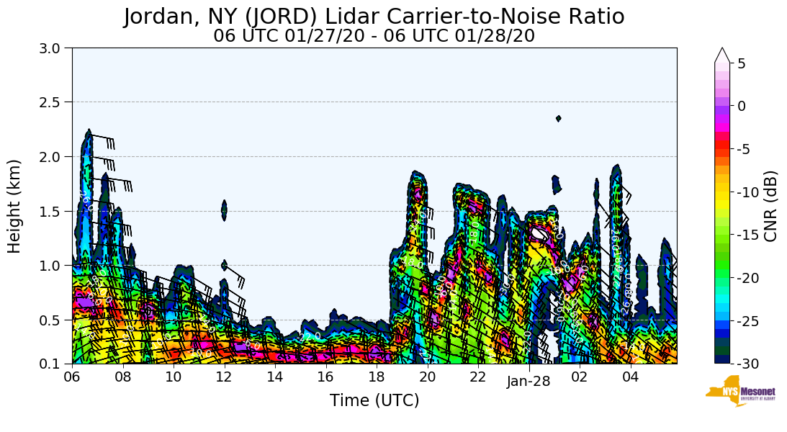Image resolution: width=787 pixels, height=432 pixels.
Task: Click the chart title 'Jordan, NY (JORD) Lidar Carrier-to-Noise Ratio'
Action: (374, 16)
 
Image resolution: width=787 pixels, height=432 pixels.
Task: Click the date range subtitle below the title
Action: (374, 35)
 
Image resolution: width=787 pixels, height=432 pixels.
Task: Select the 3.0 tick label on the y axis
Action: (53, 48)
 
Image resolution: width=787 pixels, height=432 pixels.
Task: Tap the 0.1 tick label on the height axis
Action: (53, 364)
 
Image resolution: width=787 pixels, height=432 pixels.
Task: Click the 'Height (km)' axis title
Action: (14, 206)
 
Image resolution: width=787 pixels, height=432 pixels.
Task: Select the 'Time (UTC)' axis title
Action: (374, 400)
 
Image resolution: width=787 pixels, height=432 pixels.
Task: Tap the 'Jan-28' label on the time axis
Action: (529, 382)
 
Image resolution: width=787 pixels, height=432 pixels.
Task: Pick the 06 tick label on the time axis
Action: (72, 377)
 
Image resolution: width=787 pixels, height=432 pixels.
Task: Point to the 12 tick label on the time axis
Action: (225, 377)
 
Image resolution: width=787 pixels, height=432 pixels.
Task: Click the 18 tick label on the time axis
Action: (377, 377)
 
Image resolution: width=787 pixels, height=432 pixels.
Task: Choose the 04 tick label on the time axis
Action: (631, 377)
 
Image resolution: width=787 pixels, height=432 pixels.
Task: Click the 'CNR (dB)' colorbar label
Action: (770, 207)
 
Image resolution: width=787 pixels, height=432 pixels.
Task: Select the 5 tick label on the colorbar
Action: (742, 63)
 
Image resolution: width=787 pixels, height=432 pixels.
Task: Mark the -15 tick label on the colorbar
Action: (748, 235)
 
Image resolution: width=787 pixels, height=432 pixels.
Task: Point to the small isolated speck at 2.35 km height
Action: (558, 118)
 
